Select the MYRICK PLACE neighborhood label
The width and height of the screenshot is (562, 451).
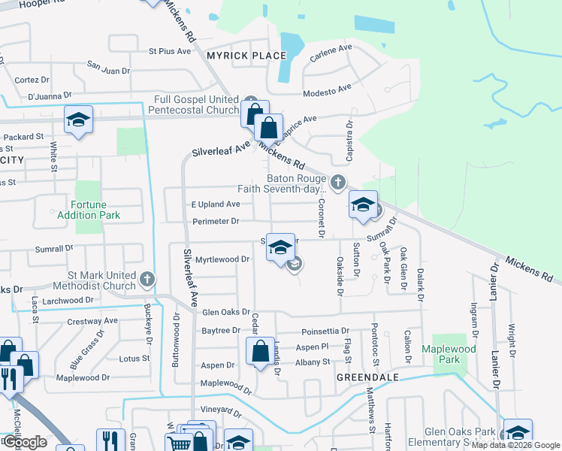point(242,56)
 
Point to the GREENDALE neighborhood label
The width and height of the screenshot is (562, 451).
point(366,377)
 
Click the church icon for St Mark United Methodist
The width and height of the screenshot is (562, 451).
point(147,279)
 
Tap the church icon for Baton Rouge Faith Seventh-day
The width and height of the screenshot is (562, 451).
point(338,181)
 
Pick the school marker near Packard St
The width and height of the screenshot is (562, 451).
point(78,120)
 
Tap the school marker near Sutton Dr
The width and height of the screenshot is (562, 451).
point(363,204)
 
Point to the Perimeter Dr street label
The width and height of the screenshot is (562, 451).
point(215,222)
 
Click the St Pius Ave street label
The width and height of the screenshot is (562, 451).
point(171,51)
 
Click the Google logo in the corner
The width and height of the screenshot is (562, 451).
point(24,442)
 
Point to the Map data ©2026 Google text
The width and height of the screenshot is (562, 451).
point(514,445)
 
